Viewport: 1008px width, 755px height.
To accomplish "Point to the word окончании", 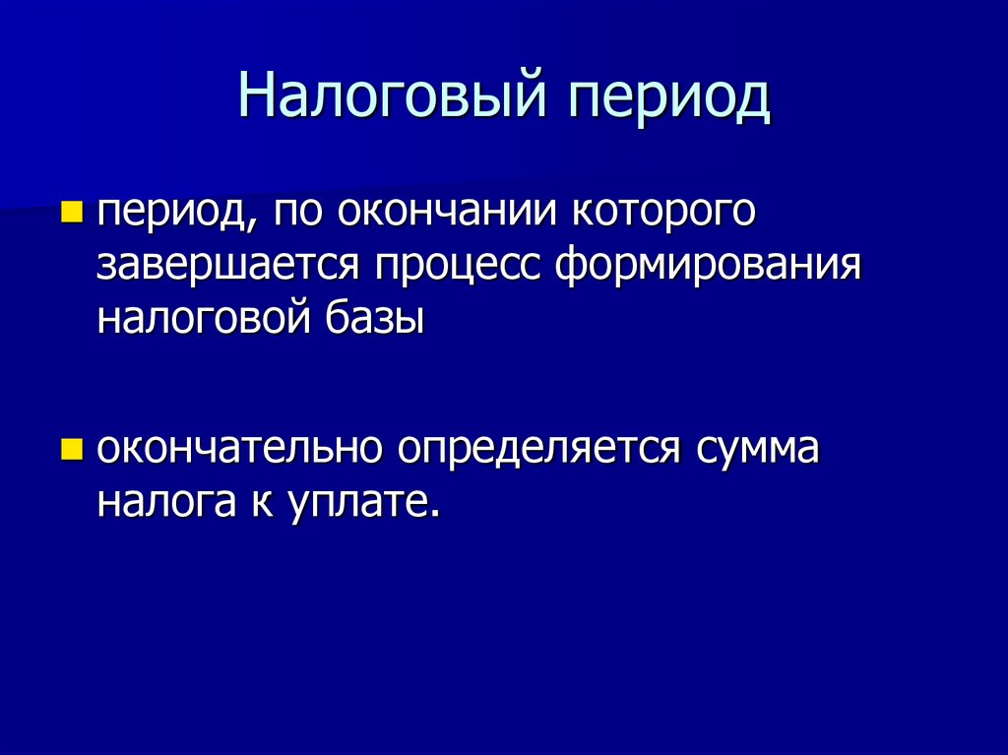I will tap(450, 212).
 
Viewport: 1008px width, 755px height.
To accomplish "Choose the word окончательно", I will tap(239, 450).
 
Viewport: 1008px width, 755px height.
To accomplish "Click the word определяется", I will tap(539, 450).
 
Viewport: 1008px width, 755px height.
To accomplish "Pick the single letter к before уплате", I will tap(252, 504).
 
